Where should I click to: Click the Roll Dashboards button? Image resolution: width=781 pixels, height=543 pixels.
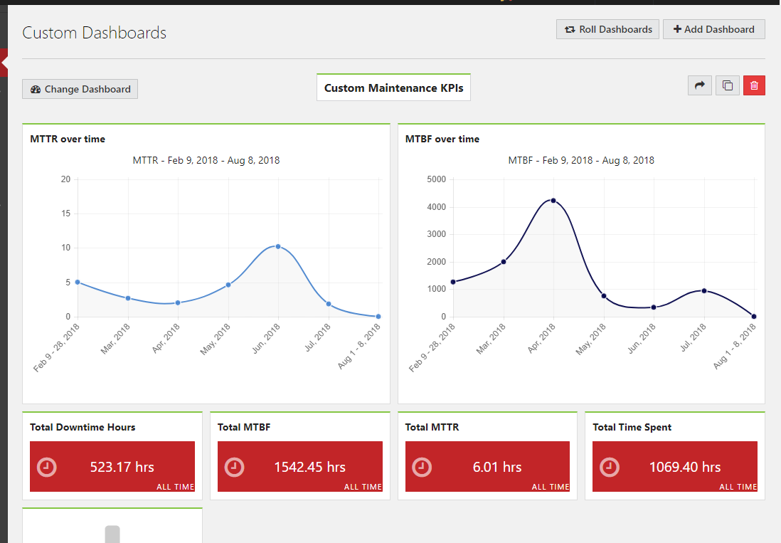pyautogui.click(x=607, y=29)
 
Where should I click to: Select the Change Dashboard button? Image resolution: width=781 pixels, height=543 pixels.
pyautogui.click(x=80, y=89)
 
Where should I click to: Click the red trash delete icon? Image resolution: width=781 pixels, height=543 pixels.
pyautogui.click(x=754, y=85)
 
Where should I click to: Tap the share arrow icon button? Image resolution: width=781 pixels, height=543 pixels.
pyautogui.click(x=699, y=85)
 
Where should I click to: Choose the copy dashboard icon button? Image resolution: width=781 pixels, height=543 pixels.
pyautogui.click(x=727, y=85)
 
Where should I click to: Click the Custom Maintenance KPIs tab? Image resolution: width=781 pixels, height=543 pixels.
pyautogui.click(x=393, y=88)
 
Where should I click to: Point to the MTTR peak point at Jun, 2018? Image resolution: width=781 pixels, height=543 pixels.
pyautogui.click(x=278, y=246)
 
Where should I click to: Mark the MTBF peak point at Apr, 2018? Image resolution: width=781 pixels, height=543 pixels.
pyautogui.click(x=553, y=201)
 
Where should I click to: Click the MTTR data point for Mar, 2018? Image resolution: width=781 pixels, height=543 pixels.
pyautogui.click(x=128, y=298)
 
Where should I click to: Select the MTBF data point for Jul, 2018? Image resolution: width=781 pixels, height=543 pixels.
pyautogui.click(x=704, y=290)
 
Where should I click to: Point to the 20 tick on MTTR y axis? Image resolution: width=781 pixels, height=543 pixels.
pyautogui.click(x=65, y=179)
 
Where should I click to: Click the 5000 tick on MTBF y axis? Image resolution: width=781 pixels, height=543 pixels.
pyautogui.click(x=436, y=179)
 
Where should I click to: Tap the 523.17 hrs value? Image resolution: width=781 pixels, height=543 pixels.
pyautogui.click(x=122, y=467)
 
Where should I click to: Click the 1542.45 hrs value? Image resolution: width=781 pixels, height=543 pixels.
pyautogui.click(x=309, y=467)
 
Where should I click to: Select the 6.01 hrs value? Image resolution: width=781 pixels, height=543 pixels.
pyautogui.click(x=497, y=467)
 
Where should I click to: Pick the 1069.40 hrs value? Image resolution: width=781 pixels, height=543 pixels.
pyautogui.click(x=684, y=467)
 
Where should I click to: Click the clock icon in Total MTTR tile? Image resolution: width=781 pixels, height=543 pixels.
pyautogui.click(x=422, y=467)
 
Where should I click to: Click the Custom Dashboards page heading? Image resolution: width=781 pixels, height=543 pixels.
pyautogui.click(x=94, y=33)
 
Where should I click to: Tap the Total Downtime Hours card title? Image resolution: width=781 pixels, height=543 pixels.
pyautogui.click(x=83, y=427)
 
